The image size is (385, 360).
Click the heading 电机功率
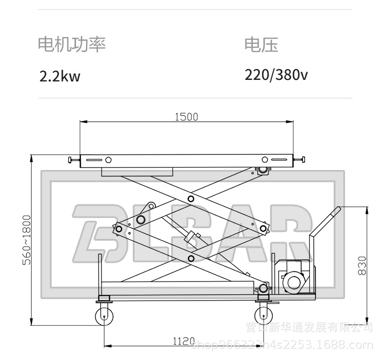click(72, 45)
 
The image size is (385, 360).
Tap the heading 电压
click(261, 45)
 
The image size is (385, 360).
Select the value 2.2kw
click(60, 76)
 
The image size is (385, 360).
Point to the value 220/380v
click(276, 75)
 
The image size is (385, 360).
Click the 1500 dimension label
click(186, 116)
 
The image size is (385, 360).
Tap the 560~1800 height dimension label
click(26, 240)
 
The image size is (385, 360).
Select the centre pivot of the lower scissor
click(191, 258)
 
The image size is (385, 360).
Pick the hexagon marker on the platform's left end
click(109, 159)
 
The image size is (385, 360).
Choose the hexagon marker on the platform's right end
click(265, 159)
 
